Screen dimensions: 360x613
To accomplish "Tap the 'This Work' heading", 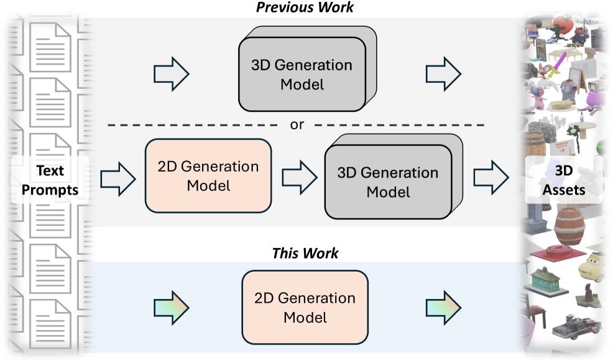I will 305,254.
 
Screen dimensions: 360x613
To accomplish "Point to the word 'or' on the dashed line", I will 297,124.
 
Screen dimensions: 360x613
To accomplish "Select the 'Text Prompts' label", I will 50,180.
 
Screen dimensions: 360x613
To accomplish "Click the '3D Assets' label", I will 564,180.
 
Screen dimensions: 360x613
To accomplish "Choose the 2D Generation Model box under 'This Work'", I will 305,307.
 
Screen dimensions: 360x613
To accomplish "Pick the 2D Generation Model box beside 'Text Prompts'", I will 208,176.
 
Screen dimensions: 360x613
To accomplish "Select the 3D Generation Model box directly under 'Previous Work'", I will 302,74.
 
